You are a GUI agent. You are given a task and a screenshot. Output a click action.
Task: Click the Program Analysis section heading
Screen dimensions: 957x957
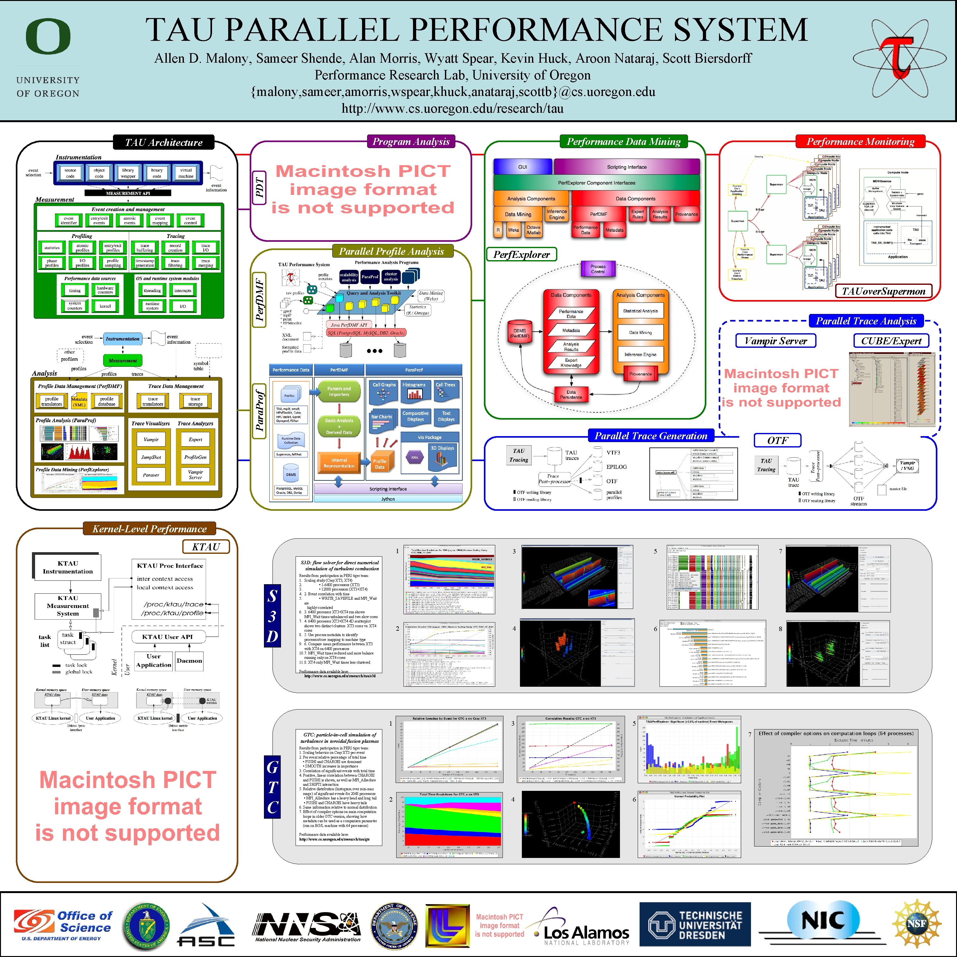click(411, 142)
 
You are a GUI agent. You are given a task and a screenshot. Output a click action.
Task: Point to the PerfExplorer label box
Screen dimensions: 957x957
click(521, 255)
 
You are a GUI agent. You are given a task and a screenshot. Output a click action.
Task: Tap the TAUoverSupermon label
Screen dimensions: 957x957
click(883, 291)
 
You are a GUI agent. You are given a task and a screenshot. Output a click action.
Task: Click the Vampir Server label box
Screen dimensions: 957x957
click(776, 341)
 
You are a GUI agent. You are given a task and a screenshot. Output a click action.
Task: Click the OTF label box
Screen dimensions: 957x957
click(777, 440)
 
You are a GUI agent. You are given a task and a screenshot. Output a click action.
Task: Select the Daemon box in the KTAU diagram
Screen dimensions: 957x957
click(189, 660)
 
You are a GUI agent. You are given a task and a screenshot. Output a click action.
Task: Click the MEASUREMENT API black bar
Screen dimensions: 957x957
click(128, 193)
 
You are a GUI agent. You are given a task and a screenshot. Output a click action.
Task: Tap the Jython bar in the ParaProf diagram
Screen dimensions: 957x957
click(388, 499)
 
